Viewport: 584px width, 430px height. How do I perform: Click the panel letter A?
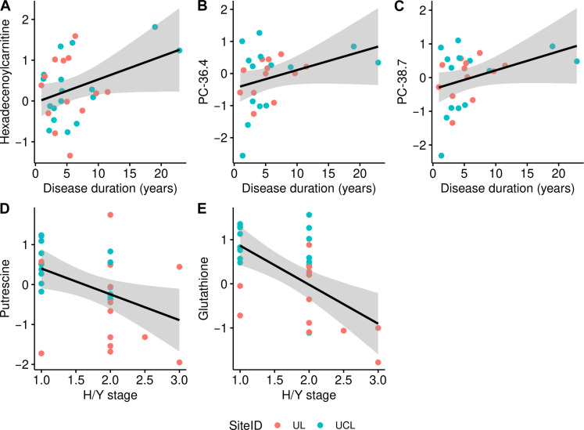pos(5,8)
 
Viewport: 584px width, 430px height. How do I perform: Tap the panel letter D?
pos(5,211)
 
